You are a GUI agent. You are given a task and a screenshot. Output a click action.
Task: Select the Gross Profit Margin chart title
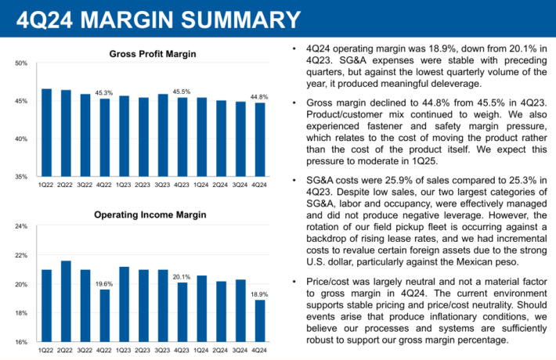pyautogui.click(x=152, y=53)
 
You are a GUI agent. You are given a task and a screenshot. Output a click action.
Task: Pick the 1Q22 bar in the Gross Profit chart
pyautogui.click(x=46, y=132)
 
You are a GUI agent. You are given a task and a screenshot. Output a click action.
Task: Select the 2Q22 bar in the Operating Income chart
pyautogui.click(x=66, y=301)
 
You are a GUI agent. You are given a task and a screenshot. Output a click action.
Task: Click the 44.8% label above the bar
pyautogui.click(x=258, y=96)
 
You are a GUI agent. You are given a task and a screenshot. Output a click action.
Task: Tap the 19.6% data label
pyautogui.click(x=104, y=284)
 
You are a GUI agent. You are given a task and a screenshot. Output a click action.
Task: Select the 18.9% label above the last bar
pyautogui.click(x=258, y=294)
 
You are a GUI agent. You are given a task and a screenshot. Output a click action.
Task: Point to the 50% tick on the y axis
pyautogui.click(x=22, y=63)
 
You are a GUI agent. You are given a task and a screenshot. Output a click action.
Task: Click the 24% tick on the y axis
pyautogui.click(x=22, y=227)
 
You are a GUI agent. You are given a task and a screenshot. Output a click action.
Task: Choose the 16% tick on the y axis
pyautogui.click(x=22, y=342)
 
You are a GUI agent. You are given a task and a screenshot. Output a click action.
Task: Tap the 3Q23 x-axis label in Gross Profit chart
pyautogui.click(x=162, y=185)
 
